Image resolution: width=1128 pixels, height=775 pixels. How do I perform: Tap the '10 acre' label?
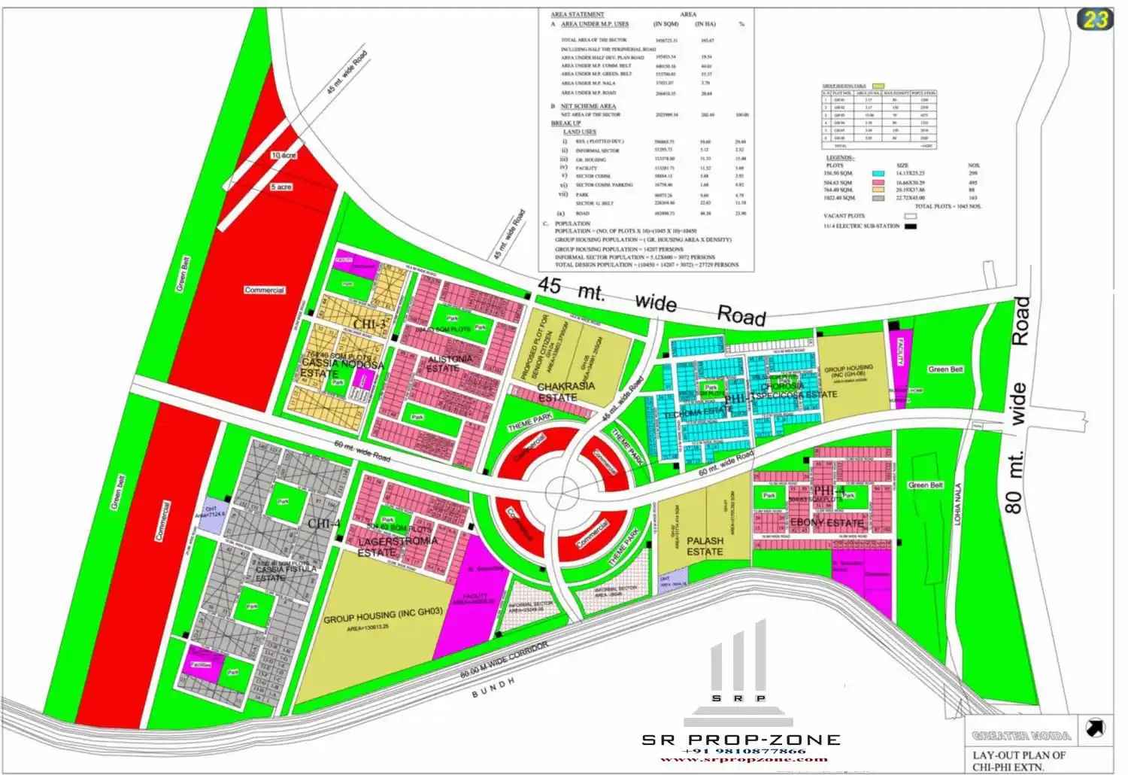[284, 155]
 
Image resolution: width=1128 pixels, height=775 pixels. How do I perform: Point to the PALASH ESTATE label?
[705, 546]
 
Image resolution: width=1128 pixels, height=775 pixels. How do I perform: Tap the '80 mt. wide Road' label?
[1016, 406]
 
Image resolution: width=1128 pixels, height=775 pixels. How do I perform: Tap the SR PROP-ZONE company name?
[741, 739]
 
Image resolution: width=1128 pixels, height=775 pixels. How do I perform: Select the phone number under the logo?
[743, 751]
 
